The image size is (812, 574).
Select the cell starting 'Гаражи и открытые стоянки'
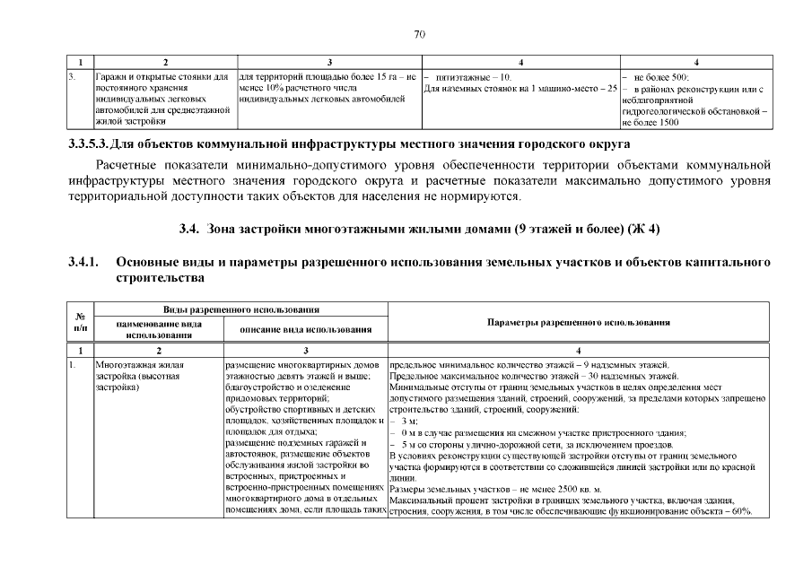coord(160,99)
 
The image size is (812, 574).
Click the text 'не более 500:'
coord(660,78)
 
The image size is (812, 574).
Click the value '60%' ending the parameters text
coord(740,512)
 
